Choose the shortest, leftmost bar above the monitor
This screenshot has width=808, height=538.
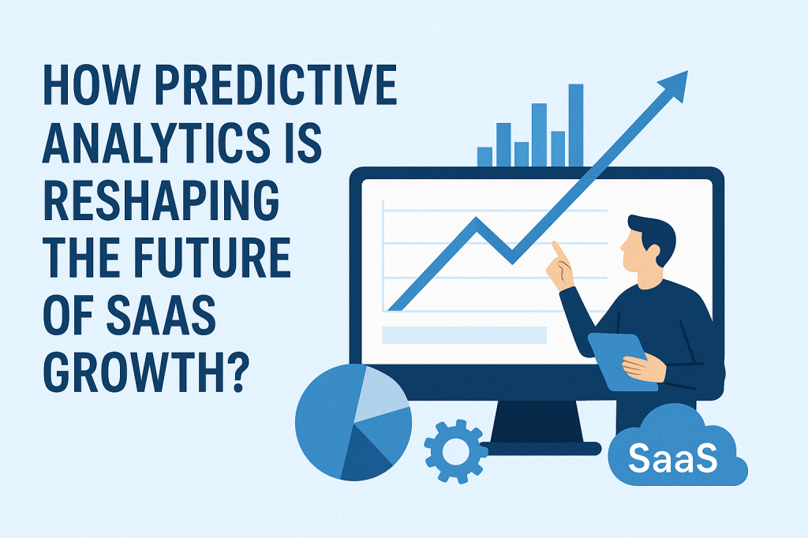click(x=484, y=156)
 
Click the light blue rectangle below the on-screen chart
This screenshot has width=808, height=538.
click(x=464, y=334)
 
